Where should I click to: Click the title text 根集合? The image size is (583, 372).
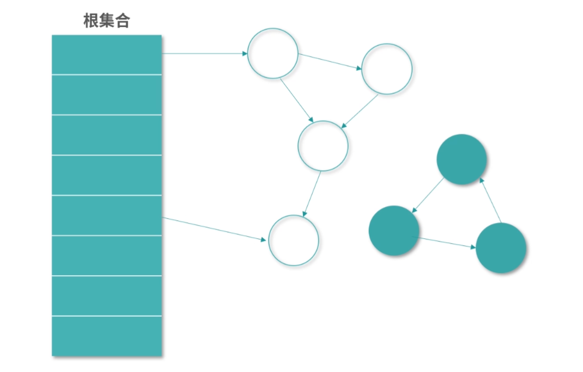107,21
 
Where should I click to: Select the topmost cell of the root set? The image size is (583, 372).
107,54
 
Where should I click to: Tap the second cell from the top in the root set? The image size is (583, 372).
107,95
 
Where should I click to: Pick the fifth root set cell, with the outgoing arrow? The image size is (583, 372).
107,215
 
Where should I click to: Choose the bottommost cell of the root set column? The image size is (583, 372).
107,336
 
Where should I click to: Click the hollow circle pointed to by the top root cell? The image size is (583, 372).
273,53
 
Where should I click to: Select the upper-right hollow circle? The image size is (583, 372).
387,69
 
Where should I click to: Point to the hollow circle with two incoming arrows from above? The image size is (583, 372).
322,146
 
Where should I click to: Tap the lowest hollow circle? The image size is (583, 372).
294,240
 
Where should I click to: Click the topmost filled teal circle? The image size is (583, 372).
461,159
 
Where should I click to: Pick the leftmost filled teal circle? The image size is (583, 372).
394,231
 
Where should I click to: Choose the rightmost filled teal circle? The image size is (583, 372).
501,247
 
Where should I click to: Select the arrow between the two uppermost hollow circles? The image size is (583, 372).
330,61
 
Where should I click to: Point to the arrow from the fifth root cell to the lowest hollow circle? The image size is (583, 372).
215,229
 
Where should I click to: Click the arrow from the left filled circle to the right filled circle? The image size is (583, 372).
446,243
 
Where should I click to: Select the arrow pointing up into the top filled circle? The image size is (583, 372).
490,200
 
